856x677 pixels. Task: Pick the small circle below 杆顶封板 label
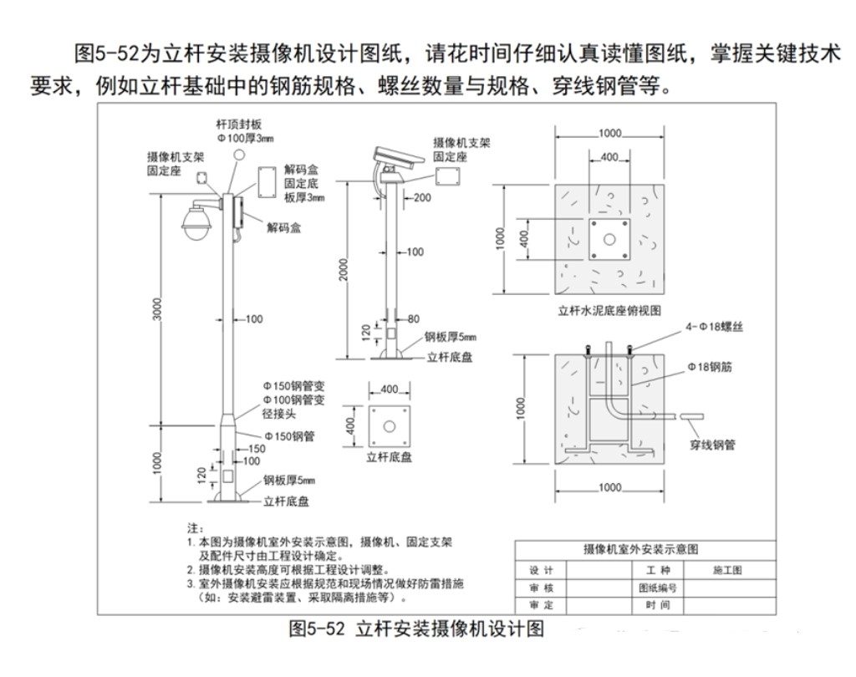[239, 155]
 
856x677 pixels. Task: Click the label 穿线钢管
[712, 445]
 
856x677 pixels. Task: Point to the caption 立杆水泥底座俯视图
[609, 309]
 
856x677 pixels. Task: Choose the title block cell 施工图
[726, 570]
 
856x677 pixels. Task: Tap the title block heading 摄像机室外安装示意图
[640, 549]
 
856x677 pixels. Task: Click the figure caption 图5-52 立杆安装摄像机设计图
[416, 629]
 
